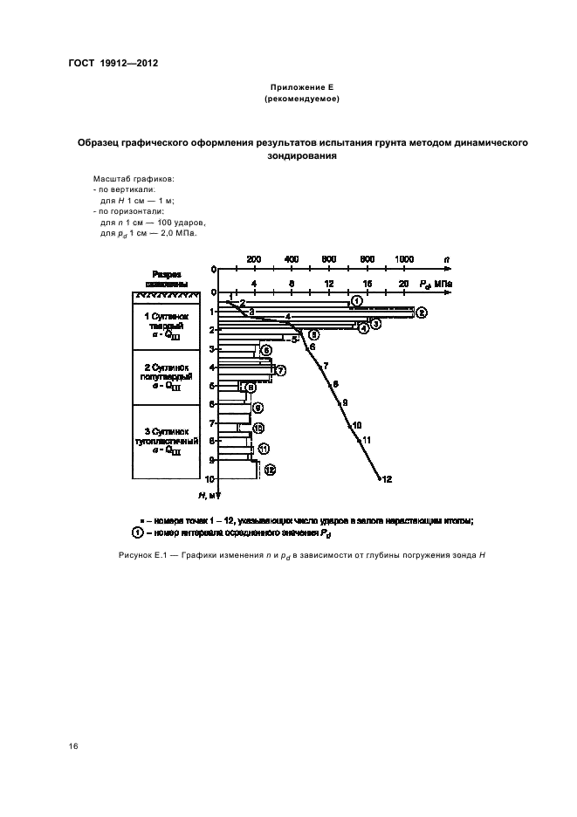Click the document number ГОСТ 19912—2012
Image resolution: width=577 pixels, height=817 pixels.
[x=113, y=63]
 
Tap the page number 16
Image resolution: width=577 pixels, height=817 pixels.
[x=73, y=745]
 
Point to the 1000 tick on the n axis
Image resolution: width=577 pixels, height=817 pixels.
[x=404, y=259]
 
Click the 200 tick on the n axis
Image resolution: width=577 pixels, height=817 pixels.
[x=253, y=259]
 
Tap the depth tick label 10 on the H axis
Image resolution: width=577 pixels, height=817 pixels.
[x=210, y=478]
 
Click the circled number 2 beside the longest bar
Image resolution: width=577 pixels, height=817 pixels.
[x=421, y=312]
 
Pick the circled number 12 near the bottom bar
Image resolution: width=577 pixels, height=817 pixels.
[x=270, y=470]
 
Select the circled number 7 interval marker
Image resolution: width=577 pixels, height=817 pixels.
[x=281, y=370]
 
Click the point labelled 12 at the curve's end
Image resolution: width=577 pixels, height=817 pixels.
[x=379, y=478]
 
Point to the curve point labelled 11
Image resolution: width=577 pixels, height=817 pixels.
[x=361, y=440]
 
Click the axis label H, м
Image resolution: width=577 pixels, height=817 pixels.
[x=207, y=496]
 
